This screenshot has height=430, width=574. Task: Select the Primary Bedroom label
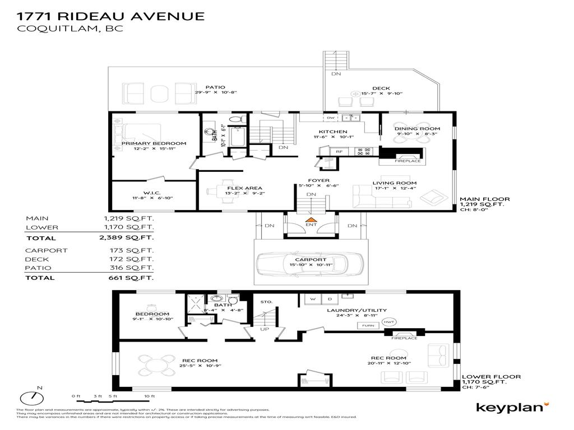pyautogui.click(x=154, y=143)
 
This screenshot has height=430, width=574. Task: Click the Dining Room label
pyautogui.click(x=417, y=129)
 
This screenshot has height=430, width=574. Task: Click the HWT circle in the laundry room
pyautogui.click(x=390, y=322)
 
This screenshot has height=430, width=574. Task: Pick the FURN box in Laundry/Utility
pyautogui.click(x=368, y=325)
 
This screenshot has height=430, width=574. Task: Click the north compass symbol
pyautogui.click(x=32, y=398)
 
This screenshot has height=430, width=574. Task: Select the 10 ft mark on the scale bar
pyautogui.click(x=149, y=396)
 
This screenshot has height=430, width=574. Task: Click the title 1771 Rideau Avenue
pyautogui.click(x=110, y=16)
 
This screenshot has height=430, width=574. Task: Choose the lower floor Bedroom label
pyautogui.click(x=149, y=314)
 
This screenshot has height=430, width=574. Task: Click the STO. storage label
pyautogui.click(x=266, y=302)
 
